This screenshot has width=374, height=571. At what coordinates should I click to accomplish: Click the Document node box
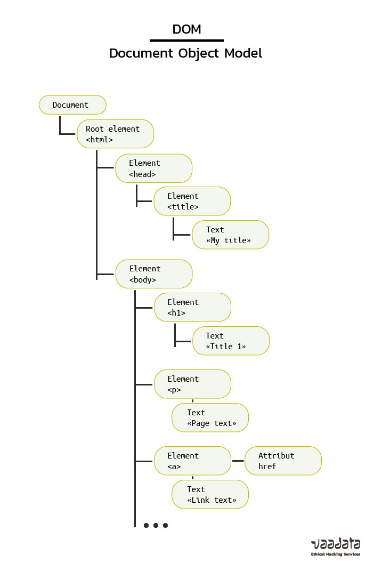(x=72, y=105)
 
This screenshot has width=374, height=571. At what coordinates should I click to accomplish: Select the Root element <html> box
(x=116, y=134)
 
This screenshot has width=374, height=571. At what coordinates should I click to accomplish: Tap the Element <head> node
(x=153, y=168)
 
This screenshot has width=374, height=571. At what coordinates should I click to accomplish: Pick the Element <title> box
(x=192, y=201)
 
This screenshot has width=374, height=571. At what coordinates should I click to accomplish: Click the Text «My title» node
(x=230, y=235)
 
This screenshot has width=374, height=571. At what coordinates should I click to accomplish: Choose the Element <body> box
(x=153, y=274)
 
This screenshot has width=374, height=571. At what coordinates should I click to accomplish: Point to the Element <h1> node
(x=192, y=307)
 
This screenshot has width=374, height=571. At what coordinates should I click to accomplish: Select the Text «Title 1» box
(x=230, y=341)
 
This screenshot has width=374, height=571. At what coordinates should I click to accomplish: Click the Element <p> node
(x=192, y=384)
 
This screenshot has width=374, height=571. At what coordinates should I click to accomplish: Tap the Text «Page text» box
(x=210, y=417)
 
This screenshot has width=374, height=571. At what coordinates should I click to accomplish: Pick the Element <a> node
(x=192, y=461)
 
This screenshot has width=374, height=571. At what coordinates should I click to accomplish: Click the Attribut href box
(x=283, y=461)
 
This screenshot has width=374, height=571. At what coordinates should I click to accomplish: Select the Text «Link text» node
(x=210, y=494)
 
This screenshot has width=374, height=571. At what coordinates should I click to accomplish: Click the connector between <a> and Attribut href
(x=238, y=461)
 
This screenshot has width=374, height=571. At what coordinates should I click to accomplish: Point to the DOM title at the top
(x=186, y=29)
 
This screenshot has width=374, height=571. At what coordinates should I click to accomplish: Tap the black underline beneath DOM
(x=186, y=41)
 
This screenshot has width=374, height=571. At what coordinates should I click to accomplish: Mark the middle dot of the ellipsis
(x=156, y=525)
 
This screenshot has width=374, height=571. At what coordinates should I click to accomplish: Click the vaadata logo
(x=335, y=544)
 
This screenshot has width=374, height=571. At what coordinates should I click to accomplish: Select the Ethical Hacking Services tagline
(x=335, y=554)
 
